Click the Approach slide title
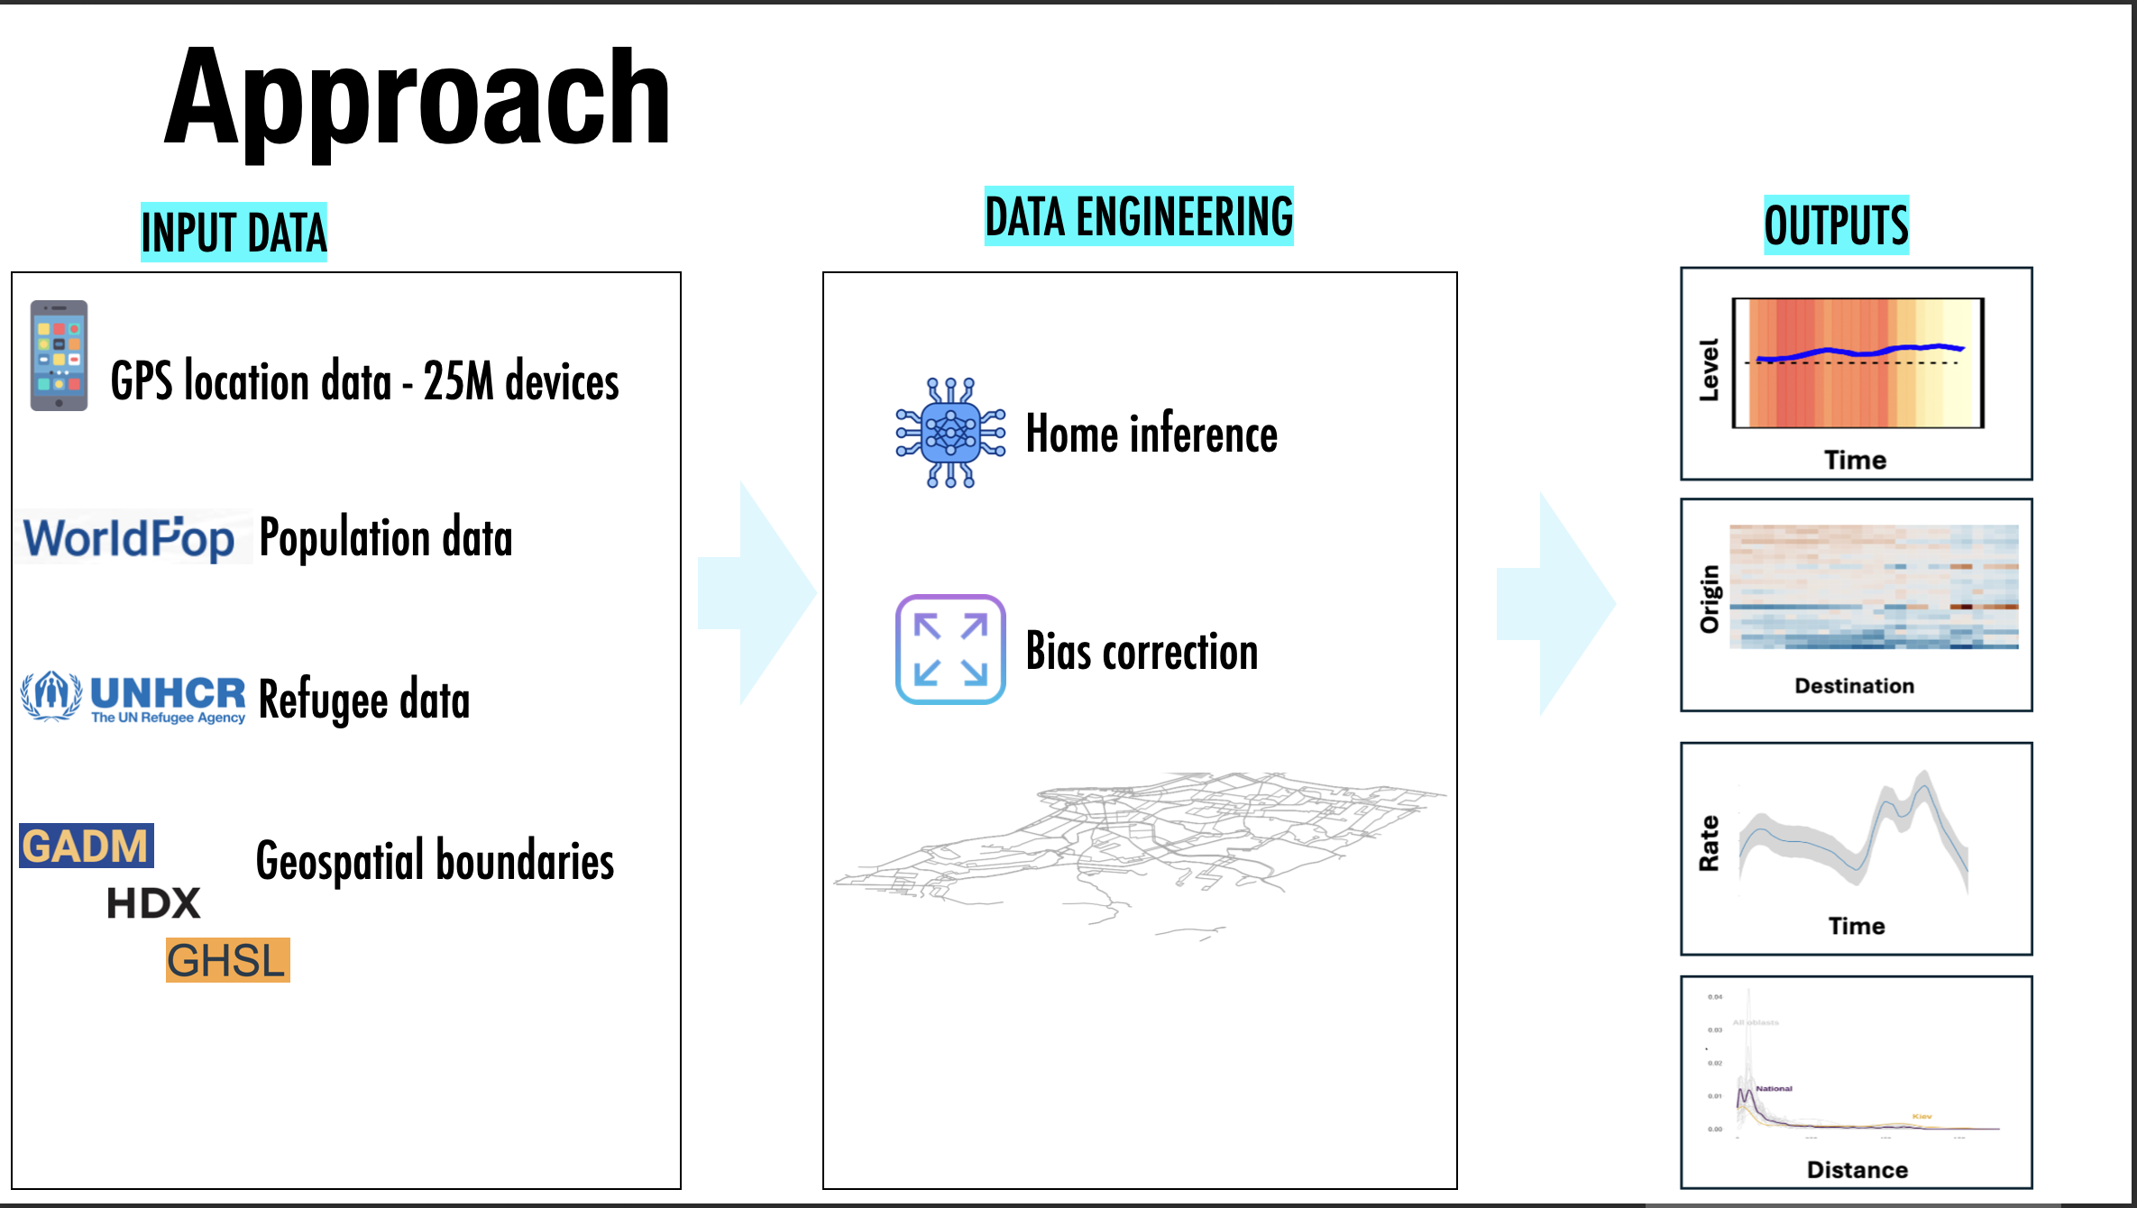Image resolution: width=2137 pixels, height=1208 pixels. pyautogui.click(x=417, y=97)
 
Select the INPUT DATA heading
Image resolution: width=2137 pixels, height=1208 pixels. pyautogui.click(x=234, y=233)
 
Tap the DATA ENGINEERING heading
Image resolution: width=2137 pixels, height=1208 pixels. pyautogui.click(x=1139, y=217)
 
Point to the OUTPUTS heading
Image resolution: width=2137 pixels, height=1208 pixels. pyautogui.click(x=1836, y=225)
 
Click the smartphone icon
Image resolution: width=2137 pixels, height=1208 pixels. pyautogui.click(x=59, y=355)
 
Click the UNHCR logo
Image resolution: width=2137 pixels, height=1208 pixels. pyautogui.click(x=133, y=698)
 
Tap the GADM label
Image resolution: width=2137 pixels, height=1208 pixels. pyautogui.click(x=86, y=846)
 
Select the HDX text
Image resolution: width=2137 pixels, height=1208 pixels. pyautogui.click(x=153, y=903)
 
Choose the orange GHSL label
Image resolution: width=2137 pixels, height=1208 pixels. pyautogui.click(x=227, y=960)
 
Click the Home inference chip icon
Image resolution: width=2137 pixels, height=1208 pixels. pyautogui.click(x=950, y=434)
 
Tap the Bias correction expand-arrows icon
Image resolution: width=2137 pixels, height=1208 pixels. pyautogui.click(x=950, y=649)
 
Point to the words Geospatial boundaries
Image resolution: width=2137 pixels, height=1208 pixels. pyautogui.click(x=435, y=861)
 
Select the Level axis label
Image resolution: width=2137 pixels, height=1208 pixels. pyautogui.click(x=1709, y=370)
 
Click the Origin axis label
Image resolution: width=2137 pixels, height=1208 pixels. pyautogui.click(x=1710, y=599)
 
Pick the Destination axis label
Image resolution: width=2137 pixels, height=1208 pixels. pyautogui.click(x=1854, y=686)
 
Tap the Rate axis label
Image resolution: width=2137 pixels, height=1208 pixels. pyautogui.click(x=1709, y=844)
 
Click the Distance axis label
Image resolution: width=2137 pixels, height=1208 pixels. pyautogui.click(x=1857, y=1170)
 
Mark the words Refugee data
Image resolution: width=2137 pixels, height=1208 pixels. pyautogui.click(x=364, y=700)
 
